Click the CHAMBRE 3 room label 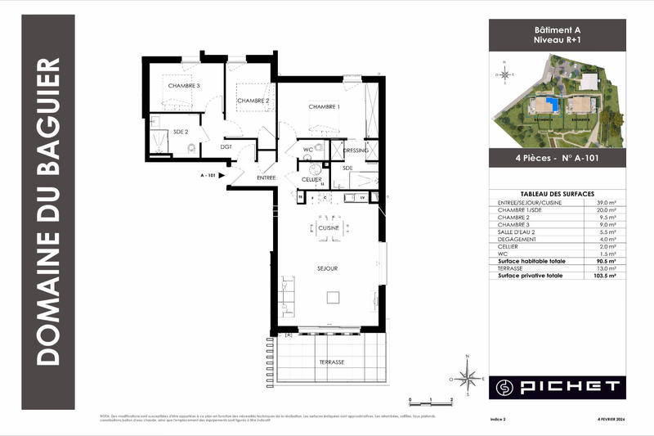[x=185, y=85]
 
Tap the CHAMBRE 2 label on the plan [x=253, y=101]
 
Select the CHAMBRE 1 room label [x=324, y=107]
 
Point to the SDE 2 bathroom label [x=181, y=131]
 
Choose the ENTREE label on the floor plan [x=267, y=178]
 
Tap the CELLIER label [x=311, y=179]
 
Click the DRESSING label [x=356, y=151]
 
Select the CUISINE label [x=329, y=227]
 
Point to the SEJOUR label [x=329, y=267]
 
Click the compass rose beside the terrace [x=467, y=377]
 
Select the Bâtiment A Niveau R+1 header [x=557, y=34]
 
